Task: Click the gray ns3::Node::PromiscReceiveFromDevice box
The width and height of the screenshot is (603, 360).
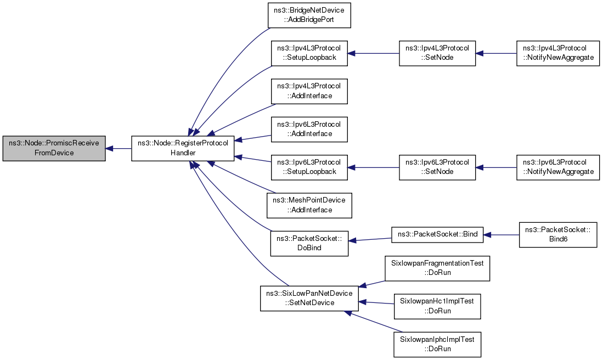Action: coord(54,148)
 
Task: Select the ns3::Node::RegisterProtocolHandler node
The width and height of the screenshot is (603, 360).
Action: coord(183,148)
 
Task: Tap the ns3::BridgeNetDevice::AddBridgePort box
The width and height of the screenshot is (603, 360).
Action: coord(309,15)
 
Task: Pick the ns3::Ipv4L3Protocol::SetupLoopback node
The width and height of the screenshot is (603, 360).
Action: coord(309,53)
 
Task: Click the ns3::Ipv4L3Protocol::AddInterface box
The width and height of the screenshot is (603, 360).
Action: coord(309,91)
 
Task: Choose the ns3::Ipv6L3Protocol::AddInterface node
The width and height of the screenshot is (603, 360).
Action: coord(309,129)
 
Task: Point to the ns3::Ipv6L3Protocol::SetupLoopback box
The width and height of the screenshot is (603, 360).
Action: coord(309,167)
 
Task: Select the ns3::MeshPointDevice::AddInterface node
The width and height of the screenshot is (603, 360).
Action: coord(309,205)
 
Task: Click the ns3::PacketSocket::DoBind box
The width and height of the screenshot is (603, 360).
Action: coord(309,244)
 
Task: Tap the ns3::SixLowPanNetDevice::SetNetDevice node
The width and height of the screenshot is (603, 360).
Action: coord(309,298)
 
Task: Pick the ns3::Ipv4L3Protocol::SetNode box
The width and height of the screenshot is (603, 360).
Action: coord(437,53)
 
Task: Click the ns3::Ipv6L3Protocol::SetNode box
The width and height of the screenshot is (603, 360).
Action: coord(437,167)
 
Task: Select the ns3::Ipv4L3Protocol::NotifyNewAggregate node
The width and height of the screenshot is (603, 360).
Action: coord(558,53)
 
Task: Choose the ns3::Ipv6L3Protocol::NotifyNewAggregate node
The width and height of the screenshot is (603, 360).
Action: coord(558,167)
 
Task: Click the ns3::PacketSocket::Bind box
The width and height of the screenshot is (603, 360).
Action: coord(437,234)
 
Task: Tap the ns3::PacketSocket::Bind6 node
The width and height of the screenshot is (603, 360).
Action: coord(558,234)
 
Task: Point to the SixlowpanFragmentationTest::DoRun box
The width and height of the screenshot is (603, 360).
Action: coord(437,268)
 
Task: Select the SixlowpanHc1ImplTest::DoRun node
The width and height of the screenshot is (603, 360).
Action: coord(437,306)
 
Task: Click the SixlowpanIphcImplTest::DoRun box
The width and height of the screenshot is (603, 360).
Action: coord(437,344)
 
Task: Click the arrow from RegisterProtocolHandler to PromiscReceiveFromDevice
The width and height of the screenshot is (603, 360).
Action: coord(119,148)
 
